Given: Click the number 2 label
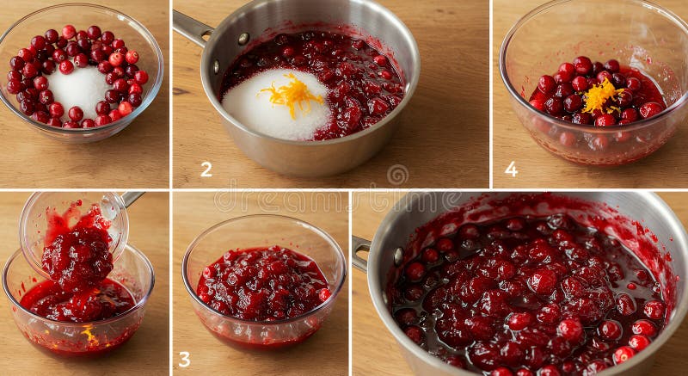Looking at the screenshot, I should (206, 169).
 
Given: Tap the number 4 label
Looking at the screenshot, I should (511, 169).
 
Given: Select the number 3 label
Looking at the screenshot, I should (184, 359).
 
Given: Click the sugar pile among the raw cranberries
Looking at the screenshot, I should (79, 89).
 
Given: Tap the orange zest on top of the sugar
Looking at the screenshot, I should (292, 94).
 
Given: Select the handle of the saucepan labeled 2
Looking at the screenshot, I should (192, 28).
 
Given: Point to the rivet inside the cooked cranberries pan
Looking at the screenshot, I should (397, 256).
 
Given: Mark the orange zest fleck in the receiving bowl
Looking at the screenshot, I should (89, 334).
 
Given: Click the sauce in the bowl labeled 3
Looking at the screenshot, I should (262, 284).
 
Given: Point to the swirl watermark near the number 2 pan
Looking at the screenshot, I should (397, 175).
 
